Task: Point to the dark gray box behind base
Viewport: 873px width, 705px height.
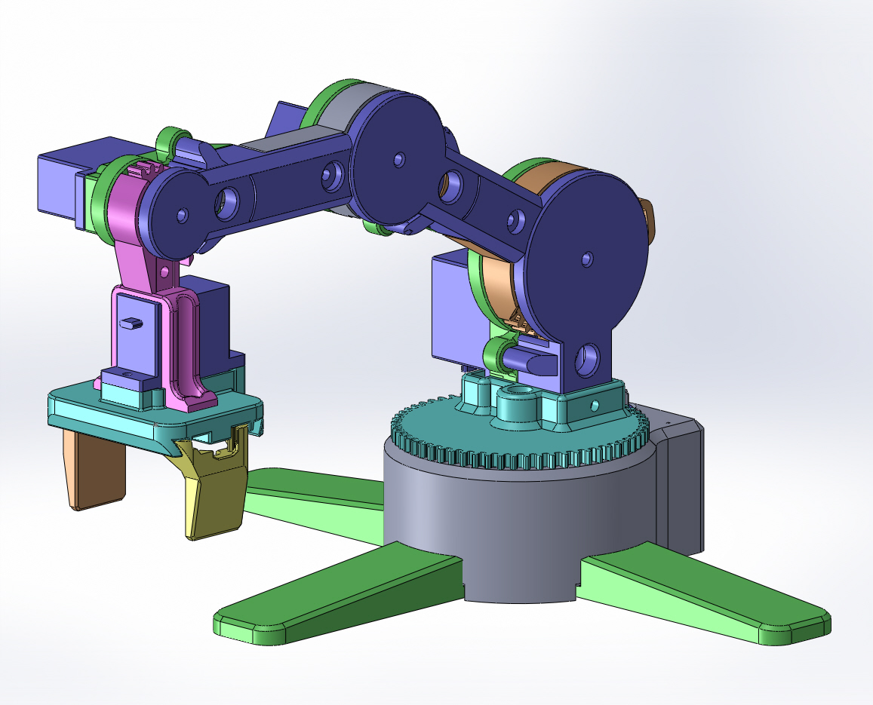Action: (683, 483)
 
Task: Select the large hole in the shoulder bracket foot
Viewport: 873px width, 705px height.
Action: (588, 360)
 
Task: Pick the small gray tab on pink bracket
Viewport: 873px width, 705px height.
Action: (131, 323)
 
